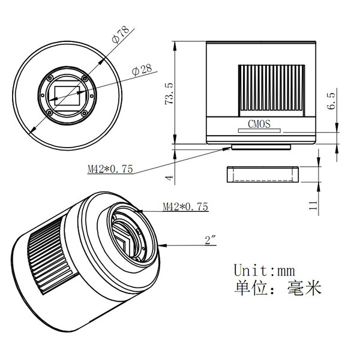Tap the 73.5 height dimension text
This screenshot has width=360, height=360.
pyautogui.click(x=169, y=94)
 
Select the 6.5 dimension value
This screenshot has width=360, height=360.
pyautogui.click(x=331, y=101)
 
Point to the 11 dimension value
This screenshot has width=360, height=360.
pyautogui.click(x=313, y=205)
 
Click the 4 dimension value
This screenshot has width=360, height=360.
pyautogui.click(x=169, y=178)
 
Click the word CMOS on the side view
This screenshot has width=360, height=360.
pyautogui.click(x=259, y=124)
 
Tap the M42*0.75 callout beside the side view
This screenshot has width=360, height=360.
pyautogui.click(x=110, y=169)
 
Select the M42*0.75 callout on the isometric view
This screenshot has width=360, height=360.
pyautogui.click(x=185, y=206)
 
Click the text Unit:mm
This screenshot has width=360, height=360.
pyautogui.click(x=264, y=270)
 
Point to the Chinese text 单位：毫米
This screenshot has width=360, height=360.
pyautogui.click(x=278, y=288)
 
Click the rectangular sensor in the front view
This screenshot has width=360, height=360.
pyautogui.click(x=67, y=96)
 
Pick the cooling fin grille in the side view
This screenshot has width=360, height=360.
pyautogui.click(x=272, y=91)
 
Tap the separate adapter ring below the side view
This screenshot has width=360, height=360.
pyautogui.click(x=263, y=175)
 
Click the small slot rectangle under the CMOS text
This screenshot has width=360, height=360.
pyautogui.click(x=259, y=131)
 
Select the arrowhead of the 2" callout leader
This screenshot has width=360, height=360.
pyautogui.click(x=163, y=245)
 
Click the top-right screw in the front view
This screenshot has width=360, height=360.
pyautogui.click(x=85, y=79)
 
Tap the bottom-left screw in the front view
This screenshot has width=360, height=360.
pyautogui.click(x=49, y=113)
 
